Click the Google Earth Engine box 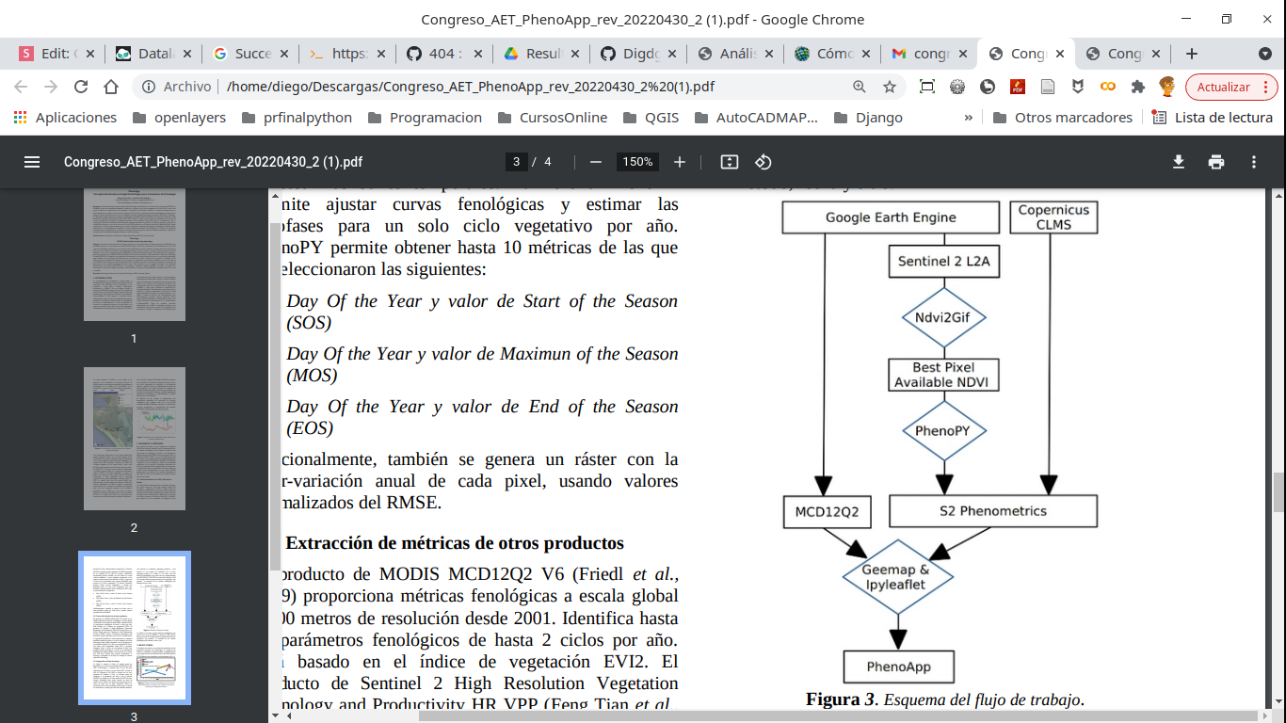pyautogui.click(x=891, y=217)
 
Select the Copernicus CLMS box pyautogui.click(x=1053, y=217)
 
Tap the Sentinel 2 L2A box pyautogui.click(x=943, y=262)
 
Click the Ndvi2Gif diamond pyautogui.click(x=943, y=318)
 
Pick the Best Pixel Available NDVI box pyautogui.click(x=943, y=375)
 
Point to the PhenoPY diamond pyautogui.click(x=943, y=431)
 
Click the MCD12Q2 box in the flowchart pyautogui.click(x=828, y=512)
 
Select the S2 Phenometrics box pyautogui.click(x=992, y=511)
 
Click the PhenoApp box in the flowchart pyautogui.click(x=899, y=667)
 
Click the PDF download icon pyautogui.click(x=1178, y=162)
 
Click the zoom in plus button pyautogui.click(x=680, y=162)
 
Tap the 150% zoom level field pyautogui.click(x=637, y=162)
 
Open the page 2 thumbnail pyautogui.click(x=134, y=439)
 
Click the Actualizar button pyautogui.click(x=1223, y=87)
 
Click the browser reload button pyautogui.click(x=81, y=87)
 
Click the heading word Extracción pyautogui.click(x=330, y=543)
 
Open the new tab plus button pyautogui.click(x=1191, y=54)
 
